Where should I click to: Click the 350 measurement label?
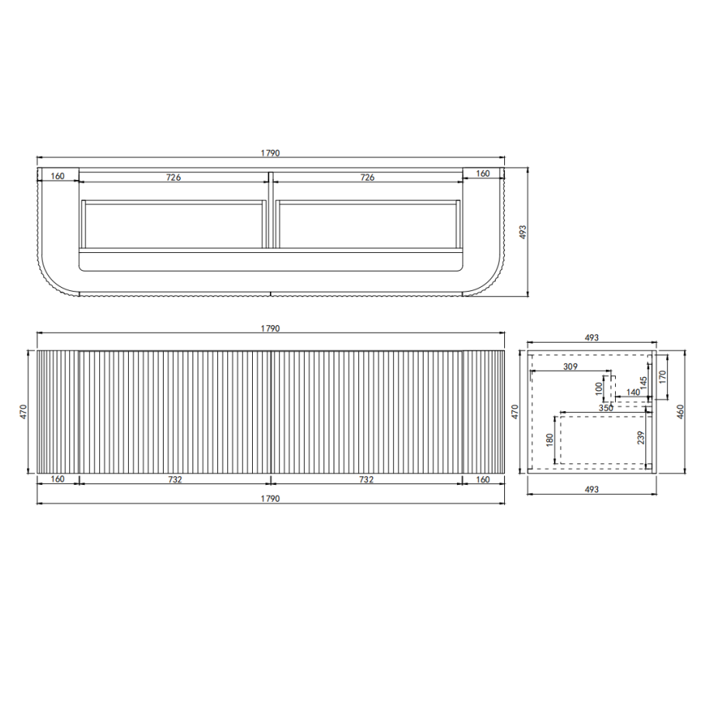[606, 407]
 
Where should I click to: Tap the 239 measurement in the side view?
[640, 440]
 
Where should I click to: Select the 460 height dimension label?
[680, 411]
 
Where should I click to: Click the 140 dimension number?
[633, 393]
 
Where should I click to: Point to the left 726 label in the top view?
[173, 177]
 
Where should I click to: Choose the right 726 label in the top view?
[368, 177]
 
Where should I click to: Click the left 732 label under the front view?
[175, 479]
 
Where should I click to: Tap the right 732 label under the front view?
[367, 479]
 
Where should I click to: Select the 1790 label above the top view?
[270, 154]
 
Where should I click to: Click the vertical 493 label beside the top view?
[523, 231]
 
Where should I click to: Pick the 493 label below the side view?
[591, 489]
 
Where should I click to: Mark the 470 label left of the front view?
[24, 411]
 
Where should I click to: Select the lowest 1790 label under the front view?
[270, 498]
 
